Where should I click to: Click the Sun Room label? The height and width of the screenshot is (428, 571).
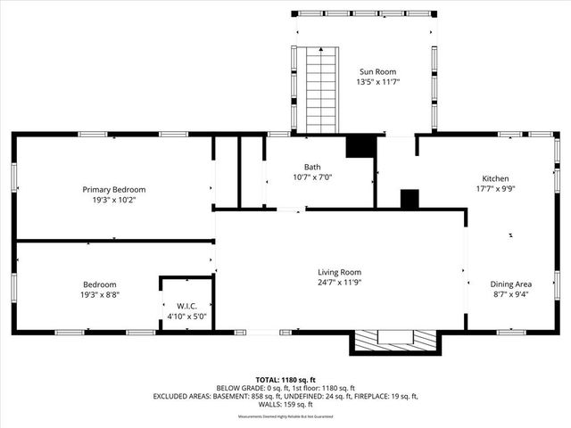click(377, 71)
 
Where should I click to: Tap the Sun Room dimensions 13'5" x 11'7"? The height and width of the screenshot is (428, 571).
click(377, 82)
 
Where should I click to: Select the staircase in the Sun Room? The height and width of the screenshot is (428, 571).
click(319, 90)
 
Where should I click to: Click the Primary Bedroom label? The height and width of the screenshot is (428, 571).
click(114, 189)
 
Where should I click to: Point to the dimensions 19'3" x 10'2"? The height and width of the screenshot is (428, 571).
click(114, 200)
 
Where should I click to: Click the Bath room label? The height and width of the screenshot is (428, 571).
click(312, 167)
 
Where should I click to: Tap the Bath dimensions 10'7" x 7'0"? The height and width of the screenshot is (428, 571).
click(312, 177)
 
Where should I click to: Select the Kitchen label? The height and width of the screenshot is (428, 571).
click(495, 177)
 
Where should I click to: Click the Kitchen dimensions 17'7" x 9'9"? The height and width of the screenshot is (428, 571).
click(495, 188)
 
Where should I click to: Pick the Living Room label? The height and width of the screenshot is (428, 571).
click(340, 272)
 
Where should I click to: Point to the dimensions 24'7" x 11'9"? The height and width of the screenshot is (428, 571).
click(340, 283)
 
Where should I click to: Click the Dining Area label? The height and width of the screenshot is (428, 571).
click(509, 284)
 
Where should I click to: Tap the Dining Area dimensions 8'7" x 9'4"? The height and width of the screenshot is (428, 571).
click(509, 295)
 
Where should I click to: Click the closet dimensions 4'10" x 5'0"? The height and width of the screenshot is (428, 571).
click(186, 316)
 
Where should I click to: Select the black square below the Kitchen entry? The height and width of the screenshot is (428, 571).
click(410, 200)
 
